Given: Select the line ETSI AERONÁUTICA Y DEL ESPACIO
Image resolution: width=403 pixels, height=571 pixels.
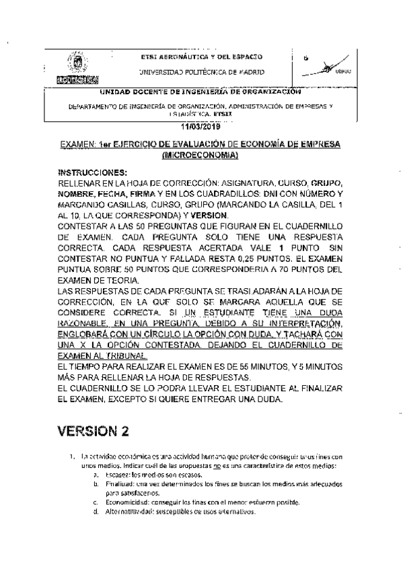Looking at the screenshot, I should click(201, 57).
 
